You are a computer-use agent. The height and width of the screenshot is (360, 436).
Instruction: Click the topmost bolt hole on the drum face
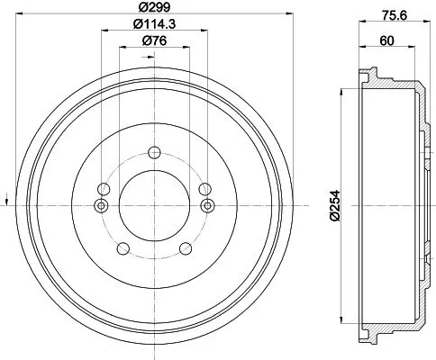[153, 152]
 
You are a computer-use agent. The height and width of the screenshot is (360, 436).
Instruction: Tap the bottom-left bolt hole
[123, 249]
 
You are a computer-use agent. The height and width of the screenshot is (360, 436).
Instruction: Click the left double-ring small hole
[100, 206]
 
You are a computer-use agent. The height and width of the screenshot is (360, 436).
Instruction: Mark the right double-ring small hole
[207, 206]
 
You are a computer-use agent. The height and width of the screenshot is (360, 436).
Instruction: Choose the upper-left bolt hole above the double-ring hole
[104, 189]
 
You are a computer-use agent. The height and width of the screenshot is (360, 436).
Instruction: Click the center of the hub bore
[153, 206]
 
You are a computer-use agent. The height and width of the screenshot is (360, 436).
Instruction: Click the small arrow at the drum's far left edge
[8, 195]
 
